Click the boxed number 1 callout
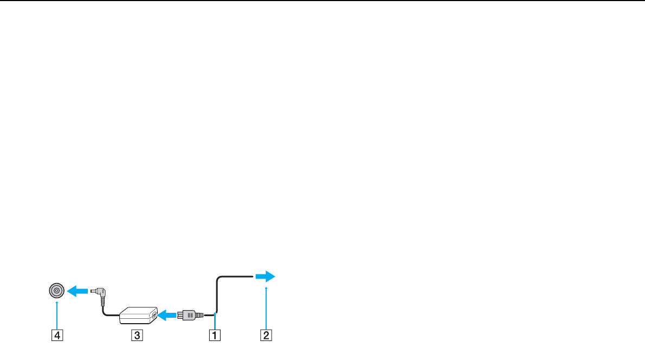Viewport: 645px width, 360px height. pos(215,335)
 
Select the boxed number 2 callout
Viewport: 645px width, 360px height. pos(266,335)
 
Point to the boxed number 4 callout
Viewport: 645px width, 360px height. pos(56,335)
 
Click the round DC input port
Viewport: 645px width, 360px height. pos(56,291)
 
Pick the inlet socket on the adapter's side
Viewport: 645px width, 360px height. pos(154,314)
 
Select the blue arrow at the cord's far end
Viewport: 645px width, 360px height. pos(266,277)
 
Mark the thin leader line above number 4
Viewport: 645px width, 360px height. pos(56,314)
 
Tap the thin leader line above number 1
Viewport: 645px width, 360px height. pos(215,321)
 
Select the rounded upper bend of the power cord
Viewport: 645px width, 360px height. pos(220,279)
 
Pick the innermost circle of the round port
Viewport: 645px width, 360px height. pos(56,291)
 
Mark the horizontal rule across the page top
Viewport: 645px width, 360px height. pos(322,1)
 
